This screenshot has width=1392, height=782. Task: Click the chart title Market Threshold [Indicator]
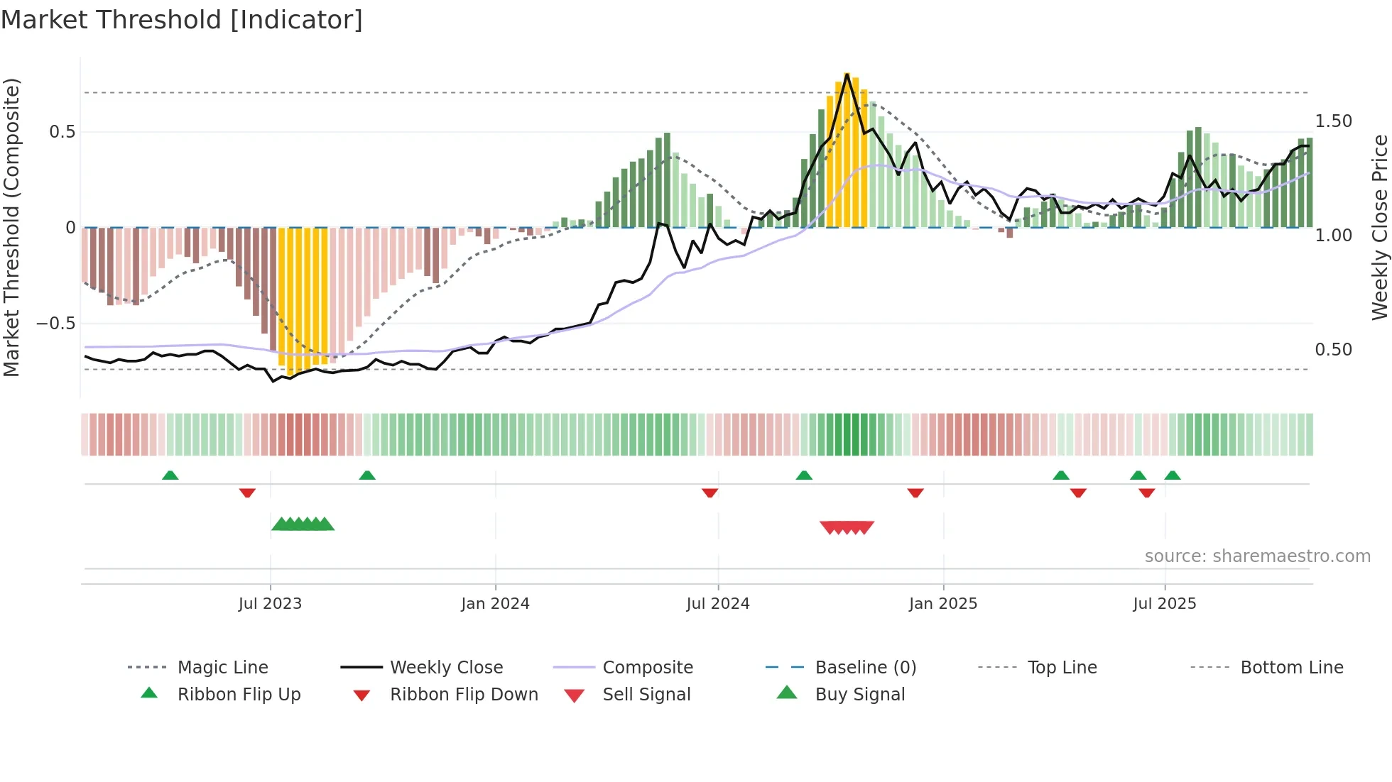coord(182,20)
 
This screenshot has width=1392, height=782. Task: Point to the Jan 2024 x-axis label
coord(495,603)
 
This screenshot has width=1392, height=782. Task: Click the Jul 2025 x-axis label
coord(1164,603)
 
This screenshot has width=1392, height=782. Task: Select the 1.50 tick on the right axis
coord(1333,121)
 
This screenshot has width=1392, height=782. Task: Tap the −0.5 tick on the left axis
coord(55,324)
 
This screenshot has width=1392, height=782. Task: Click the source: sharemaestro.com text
coord(1257,556)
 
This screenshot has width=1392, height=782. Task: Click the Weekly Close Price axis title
coord(1379,227)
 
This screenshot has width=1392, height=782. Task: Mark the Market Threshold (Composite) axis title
coord(11,227)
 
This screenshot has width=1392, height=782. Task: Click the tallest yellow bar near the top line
coord(847,149)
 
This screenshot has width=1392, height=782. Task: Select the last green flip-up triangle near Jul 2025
coord(1173,475)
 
